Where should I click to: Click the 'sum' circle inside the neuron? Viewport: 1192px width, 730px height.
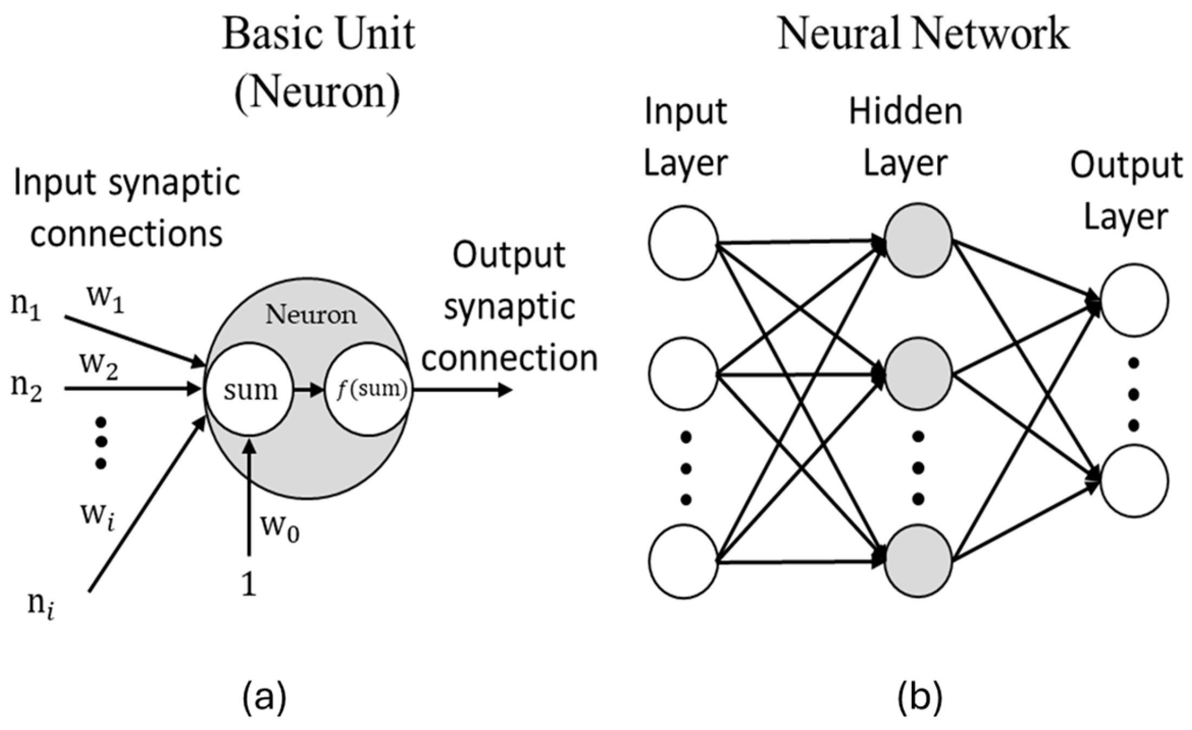click(x=250, y=389)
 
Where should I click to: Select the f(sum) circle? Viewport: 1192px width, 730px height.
click(x=369, y=389)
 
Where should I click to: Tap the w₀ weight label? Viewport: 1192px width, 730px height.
click(x=280, y=526)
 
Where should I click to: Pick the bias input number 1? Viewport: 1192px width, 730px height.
click(x=248, y=585)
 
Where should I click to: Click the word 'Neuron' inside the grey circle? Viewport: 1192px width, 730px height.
click(x=311, y=315)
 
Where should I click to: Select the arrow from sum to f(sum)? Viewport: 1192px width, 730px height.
click(x=308, y=389)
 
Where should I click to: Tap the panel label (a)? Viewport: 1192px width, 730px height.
click(x=264, y=697)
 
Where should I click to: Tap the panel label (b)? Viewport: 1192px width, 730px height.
click(x=920, y=697)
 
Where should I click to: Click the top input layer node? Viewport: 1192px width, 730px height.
click(x=683, y=242)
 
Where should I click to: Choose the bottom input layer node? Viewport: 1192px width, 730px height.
click(x=683, y=561)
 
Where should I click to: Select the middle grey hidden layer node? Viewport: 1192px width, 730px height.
click(x=918, y=374)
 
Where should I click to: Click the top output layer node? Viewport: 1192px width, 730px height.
click(x=1134, y=300)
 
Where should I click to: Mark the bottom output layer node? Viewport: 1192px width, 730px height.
click(x=1134, y=481)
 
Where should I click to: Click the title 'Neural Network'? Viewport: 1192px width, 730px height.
click(x=923, y=34)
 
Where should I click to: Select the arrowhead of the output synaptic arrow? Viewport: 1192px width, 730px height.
click(x=505, y=389)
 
